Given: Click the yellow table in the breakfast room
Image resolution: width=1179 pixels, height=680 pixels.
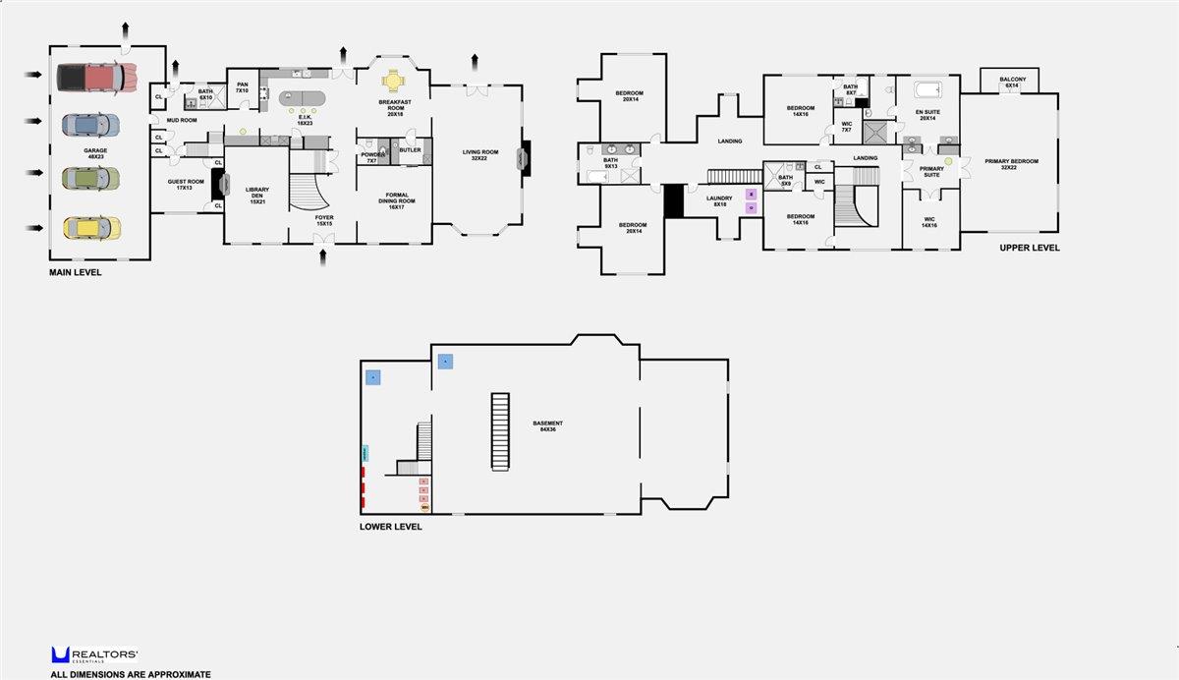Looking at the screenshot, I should tap(392, 80).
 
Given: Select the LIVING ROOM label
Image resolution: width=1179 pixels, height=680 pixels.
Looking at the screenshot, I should tap(481, 154).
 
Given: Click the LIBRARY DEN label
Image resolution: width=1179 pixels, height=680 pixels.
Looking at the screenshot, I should tap(257, 193).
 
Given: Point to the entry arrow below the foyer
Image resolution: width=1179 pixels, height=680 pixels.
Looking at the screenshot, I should tap(324, 257).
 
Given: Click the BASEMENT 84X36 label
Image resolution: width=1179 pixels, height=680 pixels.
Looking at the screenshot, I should tap(548, 426).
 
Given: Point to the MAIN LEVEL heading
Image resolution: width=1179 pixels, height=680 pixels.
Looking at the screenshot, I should tap(76, 272).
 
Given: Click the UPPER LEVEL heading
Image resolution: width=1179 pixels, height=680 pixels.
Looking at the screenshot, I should tap(1030, 249).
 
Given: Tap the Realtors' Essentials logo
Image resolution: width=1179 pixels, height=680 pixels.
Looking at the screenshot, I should tap(94, 655).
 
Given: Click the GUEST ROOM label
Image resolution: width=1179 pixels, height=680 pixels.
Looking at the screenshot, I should tap(184, 185).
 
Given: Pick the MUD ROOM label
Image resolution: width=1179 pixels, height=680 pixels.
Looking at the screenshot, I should tap(182, 120).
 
